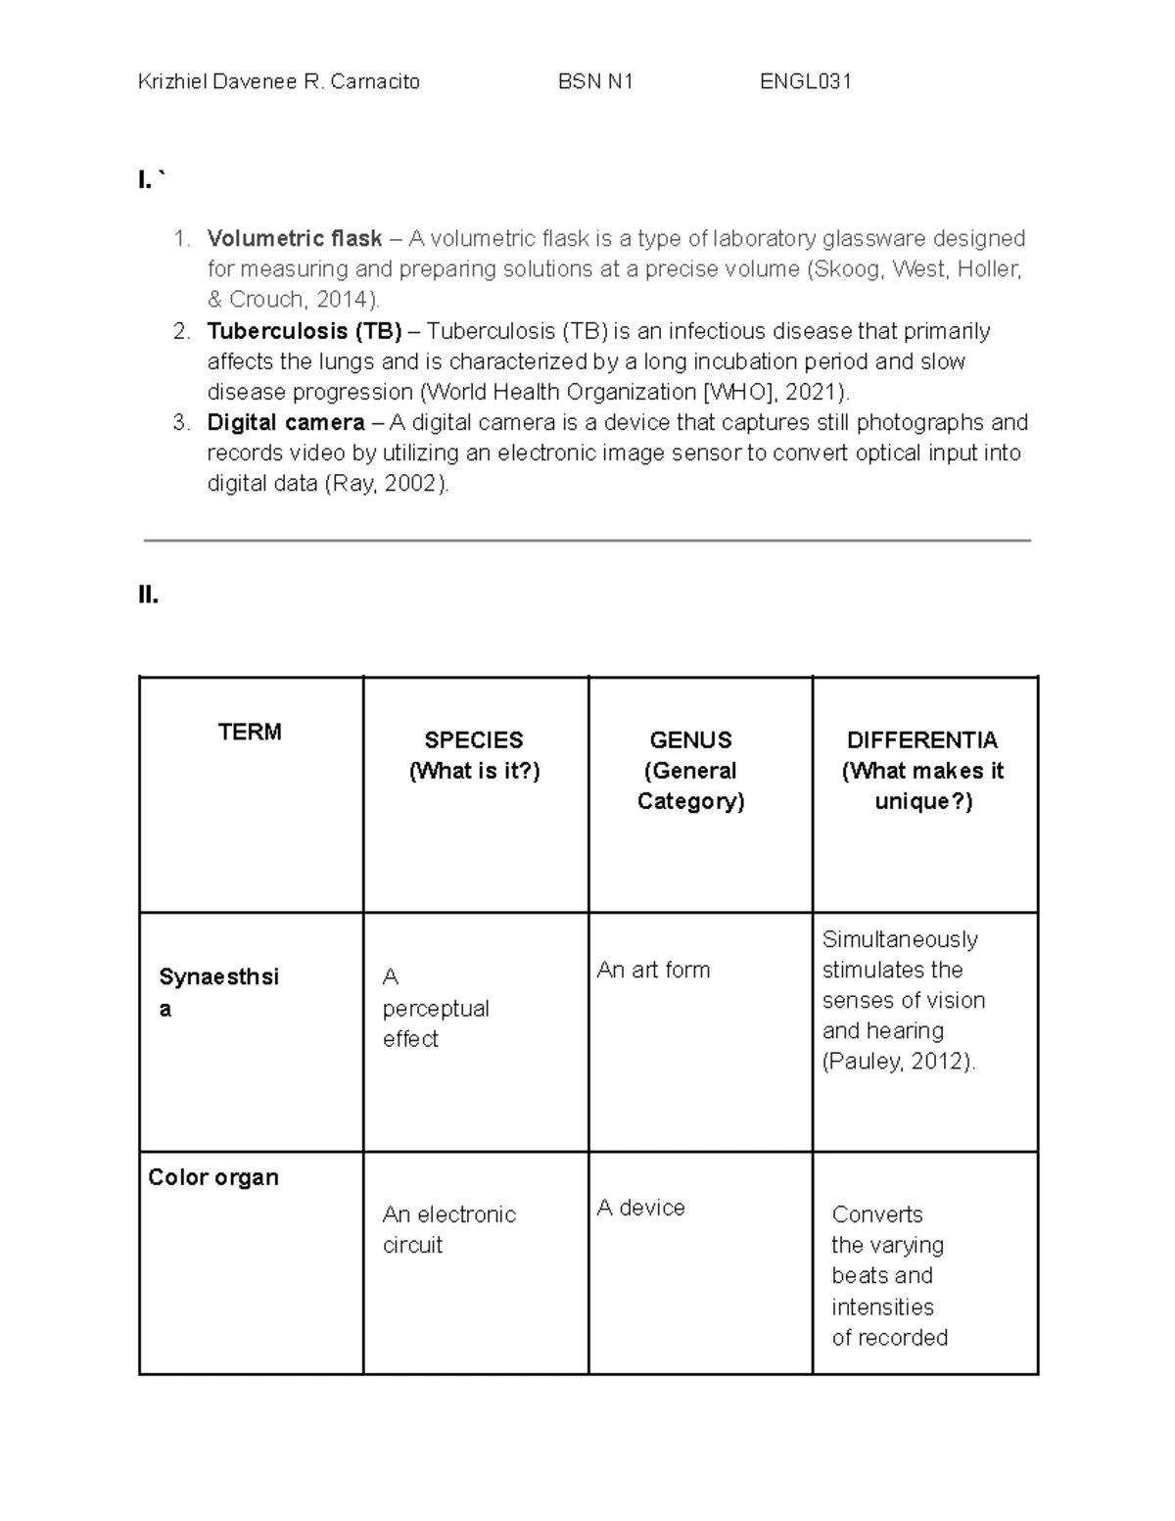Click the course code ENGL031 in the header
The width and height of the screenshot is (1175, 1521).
(x=805, y=82)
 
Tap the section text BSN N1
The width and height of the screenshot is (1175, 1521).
(x=595, y=82)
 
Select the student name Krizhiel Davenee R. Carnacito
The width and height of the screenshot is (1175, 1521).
(x=279, y=82)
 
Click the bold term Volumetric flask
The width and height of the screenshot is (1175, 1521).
(x=294, y=239)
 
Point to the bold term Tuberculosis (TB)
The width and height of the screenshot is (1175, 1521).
(x=305, y=331)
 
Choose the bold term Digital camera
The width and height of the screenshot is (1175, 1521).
(x=285, y=423)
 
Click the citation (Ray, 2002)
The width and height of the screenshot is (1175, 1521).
(x=386, y=484)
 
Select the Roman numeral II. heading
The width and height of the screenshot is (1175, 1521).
(x=149, y=594)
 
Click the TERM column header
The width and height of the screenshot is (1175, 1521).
(x=250, y=733)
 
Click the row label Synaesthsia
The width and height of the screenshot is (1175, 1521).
(x=218, y=992)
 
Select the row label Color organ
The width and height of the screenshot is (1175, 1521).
(x=213, y=1177)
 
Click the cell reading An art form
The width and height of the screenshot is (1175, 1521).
(x=653, y=971)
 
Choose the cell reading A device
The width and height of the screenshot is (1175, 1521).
(x=640, y=1209)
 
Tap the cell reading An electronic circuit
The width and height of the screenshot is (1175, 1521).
(x=448, y=1229)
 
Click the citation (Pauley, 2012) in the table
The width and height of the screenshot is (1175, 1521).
(x=898, y=1062)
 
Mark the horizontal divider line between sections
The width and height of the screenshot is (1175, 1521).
(x=587, y=540)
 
